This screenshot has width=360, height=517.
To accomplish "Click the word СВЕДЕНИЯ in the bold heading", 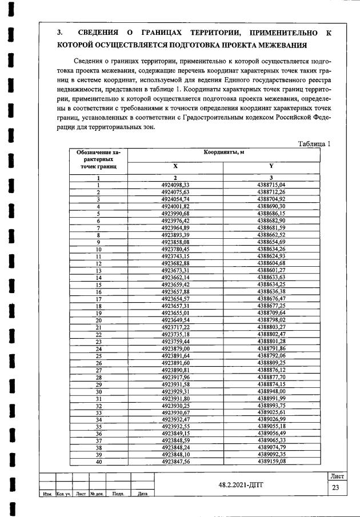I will [102, 33].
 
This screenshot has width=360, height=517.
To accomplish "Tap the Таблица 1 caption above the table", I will [314, 143].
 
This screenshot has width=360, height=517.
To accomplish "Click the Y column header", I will [271, 166].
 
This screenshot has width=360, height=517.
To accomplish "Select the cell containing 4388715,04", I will [271, 185].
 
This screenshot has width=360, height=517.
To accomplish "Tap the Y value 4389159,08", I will [271, 461].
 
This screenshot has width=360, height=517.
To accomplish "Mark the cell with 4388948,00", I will [271, 391].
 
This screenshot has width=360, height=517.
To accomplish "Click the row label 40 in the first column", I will [98, 462].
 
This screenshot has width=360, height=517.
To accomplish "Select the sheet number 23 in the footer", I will [335, 487].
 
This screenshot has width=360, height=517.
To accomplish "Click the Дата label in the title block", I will [142, 494].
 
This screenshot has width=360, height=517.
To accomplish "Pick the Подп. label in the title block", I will [118, 494].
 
